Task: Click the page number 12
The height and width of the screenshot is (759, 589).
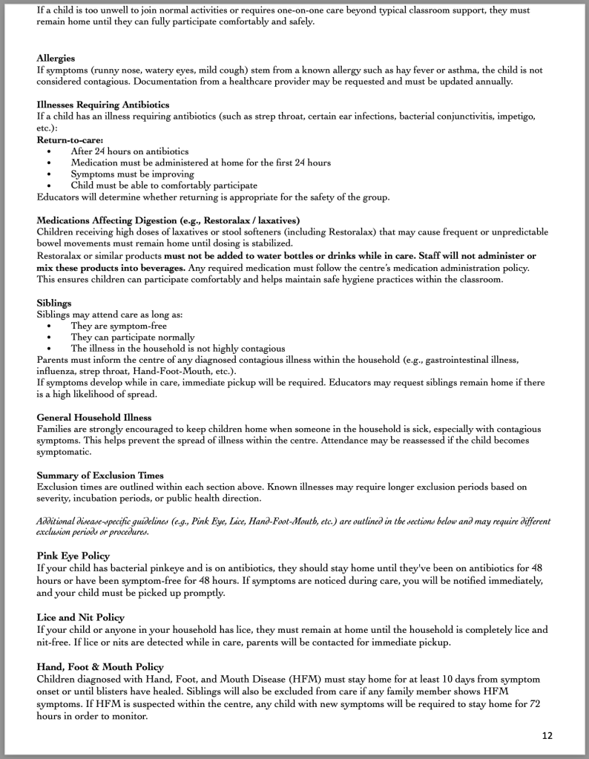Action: pos(547,735)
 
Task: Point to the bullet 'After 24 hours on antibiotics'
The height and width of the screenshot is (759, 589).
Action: pos(129,151)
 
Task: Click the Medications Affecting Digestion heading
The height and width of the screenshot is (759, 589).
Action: pos(168,220)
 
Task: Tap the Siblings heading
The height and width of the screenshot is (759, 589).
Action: pos(54,302)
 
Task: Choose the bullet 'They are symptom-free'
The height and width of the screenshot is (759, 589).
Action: pos(119,325)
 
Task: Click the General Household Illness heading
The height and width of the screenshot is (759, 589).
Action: pos(93,418)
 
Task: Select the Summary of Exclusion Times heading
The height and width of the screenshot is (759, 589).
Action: pos(100,475)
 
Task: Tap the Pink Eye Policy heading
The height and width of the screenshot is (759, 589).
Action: pos(73,555)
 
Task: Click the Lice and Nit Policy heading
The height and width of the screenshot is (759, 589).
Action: pos(81,617)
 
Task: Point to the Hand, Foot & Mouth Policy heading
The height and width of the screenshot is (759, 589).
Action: pos(100,667)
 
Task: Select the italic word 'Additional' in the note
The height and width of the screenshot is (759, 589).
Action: pos(59,522)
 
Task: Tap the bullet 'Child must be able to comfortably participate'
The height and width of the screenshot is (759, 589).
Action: pos(164,185)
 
